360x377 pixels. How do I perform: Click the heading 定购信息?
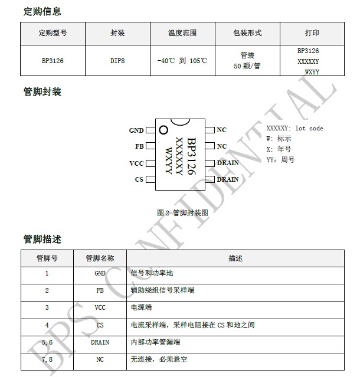42,11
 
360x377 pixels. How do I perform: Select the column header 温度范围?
182,33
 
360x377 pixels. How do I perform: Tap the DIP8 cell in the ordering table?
117,61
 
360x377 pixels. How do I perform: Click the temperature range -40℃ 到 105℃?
182,61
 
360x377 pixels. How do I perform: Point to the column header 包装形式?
247,33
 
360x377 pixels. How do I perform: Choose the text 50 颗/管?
247,66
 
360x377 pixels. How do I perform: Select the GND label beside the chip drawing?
136,130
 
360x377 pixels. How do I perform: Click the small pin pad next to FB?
150,146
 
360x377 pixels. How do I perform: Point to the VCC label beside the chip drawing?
136,163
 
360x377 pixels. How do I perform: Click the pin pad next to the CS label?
150,179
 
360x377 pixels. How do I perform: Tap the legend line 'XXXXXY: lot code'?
294,128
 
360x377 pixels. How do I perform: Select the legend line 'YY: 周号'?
280,160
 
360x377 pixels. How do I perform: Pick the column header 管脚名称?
100,258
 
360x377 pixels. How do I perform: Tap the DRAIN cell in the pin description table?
100,342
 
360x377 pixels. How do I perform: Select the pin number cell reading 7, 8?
47,359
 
